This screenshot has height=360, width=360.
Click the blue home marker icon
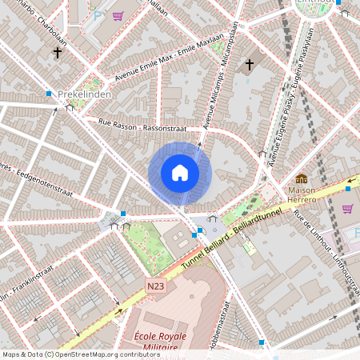point(180,173)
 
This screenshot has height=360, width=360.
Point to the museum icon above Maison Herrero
point(302,178)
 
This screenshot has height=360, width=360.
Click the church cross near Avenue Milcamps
point(249,64)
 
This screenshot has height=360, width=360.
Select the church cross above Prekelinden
point(57,53)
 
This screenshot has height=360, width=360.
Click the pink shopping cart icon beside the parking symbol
point(118,16)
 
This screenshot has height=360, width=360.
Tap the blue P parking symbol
point(98,14)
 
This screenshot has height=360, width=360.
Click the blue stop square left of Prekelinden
point(49,94)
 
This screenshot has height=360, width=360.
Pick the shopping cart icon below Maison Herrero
point(347,209)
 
